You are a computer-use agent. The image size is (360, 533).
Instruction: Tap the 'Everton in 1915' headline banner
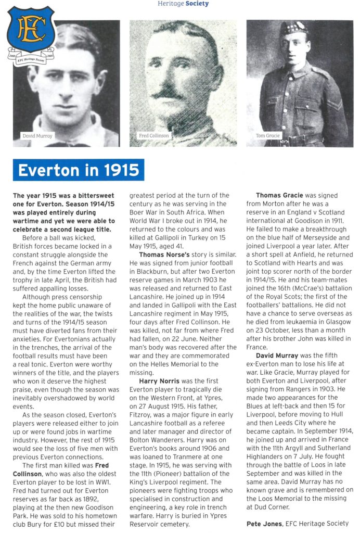pyautogui.click(x=78, y=170)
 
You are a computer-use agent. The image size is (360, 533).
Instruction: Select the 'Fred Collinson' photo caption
pyautogui.click(x=154, y=136)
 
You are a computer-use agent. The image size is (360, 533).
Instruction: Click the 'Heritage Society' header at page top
pyautogui.click(x=183, y=4)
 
